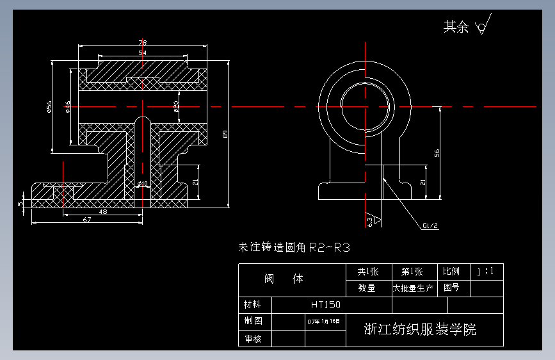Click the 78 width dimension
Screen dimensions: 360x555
(142, 43)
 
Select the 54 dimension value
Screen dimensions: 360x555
(142, 53)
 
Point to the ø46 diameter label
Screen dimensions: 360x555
(68, 106)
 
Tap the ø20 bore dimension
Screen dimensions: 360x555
(176, 106)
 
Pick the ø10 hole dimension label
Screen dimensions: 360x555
(142, 184)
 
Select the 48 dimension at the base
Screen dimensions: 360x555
(102, 211)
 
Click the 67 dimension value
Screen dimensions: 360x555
(87, 220)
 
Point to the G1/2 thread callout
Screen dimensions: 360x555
(430, 225)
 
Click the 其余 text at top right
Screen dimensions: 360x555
(456, 27)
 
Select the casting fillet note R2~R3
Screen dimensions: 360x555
(294, 247)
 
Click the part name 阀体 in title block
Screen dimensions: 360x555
(284, 279)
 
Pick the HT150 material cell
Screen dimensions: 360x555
(326, 305)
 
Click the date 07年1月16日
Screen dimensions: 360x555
(325, 321)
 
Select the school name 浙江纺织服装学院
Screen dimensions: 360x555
(420, 330)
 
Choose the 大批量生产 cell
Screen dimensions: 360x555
(413, 288)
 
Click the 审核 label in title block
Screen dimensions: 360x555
(253, 338)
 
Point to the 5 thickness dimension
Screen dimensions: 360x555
(20, 204)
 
